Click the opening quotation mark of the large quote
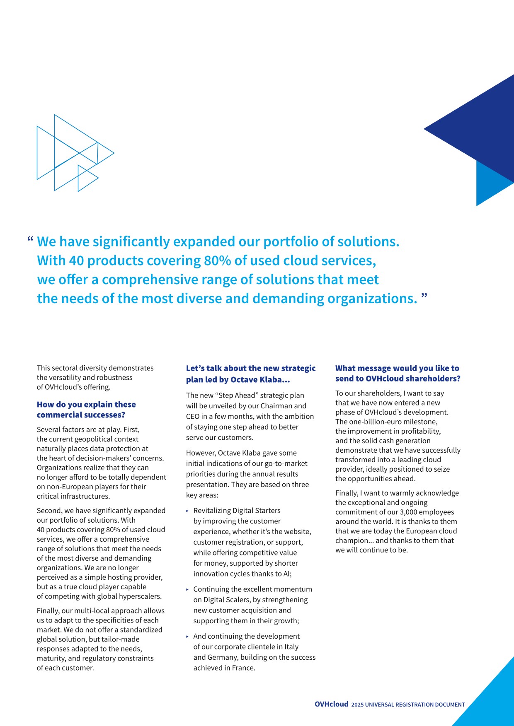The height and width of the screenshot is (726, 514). [x=30, y=239]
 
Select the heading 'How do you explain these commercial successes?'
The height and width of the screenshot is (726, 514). [x=86, y=410]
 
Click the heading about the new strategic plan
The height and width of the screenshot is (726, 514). [x=251, y=374]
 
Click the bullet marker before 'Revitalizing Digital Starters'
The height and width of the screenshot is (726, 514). [x=188, y=511]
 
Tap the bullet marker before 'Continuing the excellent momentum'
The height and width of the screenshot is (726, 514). [x=188, y=589]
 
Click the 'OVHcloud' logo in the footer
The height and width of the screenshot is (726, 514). [x=331, y=704]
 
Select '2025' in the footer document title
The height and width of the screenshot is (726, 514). [x=357, y=705]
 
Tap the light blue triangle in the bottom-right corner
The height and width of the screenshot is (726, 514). [x=493, y=700]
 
